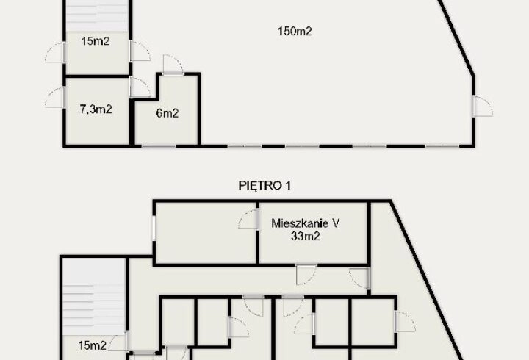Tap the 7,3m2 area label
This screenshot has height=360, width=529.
pyautogui.click(x=96, y=110)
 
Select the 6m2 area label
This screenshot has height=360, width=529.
pyautogui.click(x=166, y=113)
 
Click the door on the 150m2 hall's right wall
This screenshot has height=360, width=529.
pyautogui.click(x=481, y=106)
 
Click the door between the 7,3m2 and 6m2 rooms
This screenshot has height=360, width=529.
pyautogui.click(x=137, y=88)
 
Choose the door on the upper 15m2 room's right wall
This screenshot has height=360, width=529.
pyautogui.click(x=138, y=51)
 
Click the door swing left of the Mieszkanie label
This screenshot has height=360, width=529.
pyautogui.click(x=247, y=220)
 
